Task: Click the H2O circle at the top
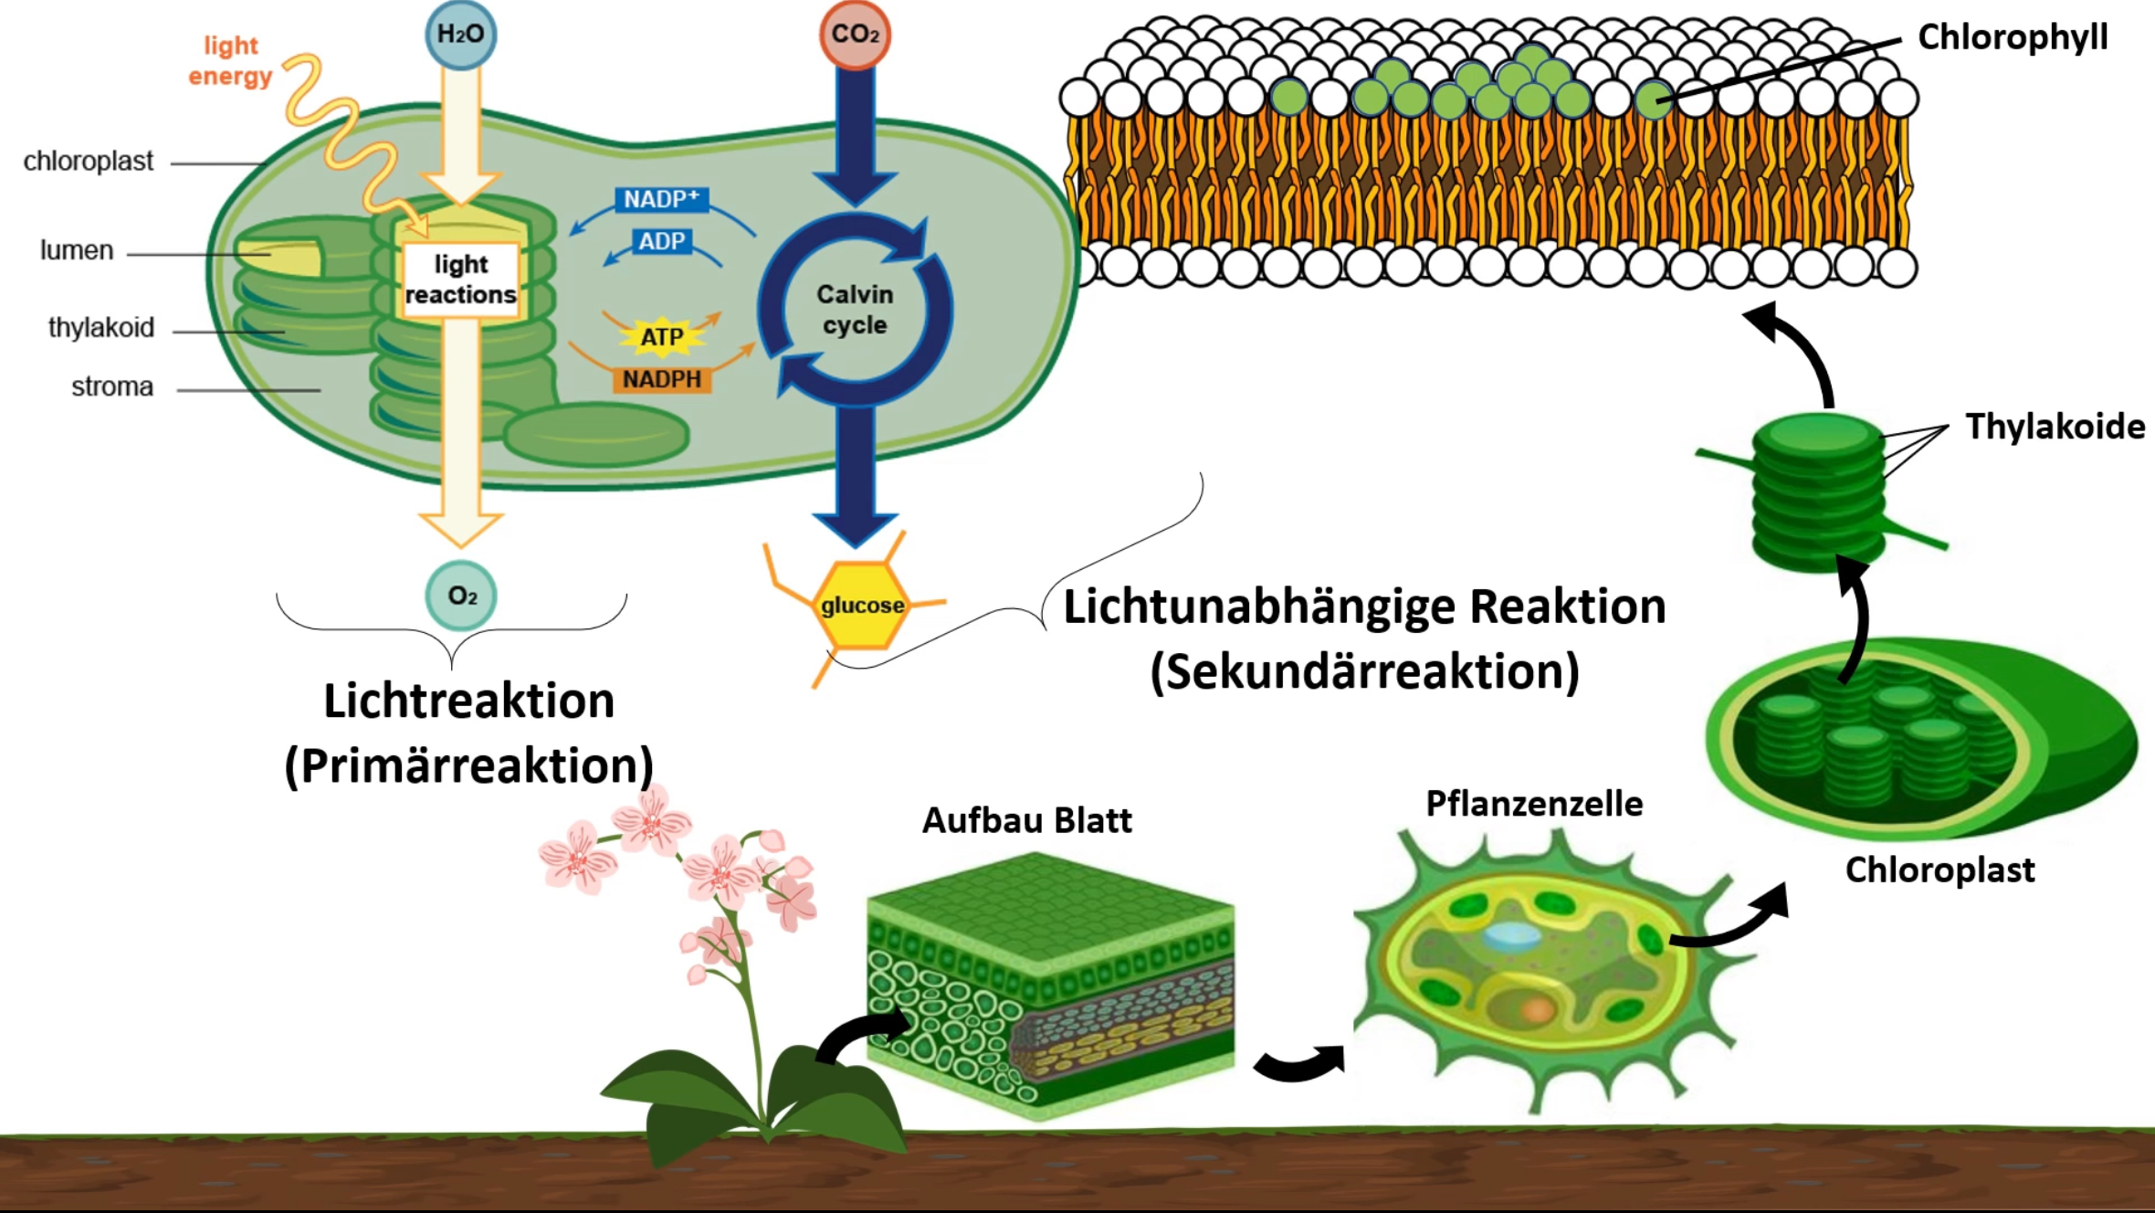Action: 461,35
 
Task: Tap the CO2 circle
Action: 855,35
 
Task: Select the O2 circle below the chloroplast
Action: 461,596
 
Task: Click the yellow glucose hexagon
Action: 861,605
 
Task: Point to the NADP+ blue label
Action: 661,199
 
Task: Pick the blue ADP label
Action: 661,241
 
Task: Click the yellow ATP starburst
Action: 662,336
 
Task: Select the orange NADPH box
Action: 662,379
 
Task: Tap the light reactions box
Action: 460,280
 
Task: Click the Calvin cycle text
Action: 855,309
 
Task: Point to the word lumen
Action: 77,250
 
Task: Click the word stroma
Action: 112,387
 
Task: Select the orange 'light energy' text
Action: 230,60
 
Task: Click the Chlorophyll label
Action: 2013,37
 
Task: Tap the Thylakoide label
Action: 2055,427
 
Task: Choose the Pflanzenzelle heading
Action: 1534,804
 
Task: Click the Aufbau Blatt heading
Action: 1026,820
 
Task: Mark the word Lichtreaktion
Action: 468,701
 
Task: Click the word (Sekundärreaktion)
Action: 1364,671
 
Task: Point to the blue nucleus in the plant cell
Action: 1511,933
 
